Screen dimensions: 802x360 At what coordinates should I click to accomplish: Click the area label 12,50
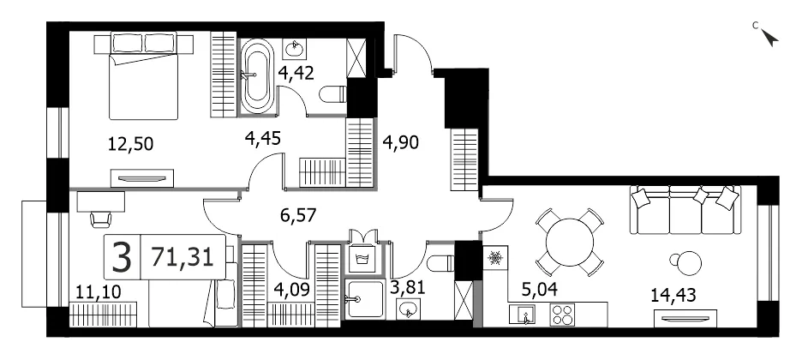click(130, 144)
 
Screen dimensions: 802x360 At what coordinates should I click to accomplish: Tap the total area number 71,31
click(183, 256)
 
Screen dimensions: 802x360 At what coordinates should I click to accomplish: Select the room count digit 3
click(122, 258)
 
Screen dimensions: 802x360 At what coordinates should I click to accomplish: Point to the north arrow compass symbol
click(769, 37)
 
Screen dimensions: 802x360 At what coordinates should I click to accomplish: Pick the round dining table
click(569, 243)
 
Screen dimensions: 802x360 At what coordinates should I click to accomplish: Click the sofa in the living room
click(685, 209)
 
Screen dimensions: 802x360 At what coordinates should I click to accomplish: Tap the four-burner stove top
click(563, 315)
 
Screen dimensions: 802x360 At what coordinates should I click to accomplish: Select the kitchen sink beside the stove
click(522, 314)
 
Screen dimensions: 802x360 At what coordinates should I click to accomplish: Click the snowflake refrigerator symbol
click(495, 258)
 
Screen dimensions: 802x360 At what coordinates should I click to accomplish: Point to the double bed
click(144, 75)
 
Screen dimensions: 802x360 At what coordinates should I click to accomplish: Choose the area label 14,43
click(673, 295)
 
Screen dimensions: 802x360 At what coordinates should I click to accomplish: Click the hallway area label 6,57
click(298, 215)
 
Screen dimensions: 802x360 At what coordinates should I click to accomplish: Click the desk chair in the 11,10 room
click(101, 219)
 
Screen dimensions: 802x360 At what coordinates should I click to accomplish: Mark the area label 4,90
click(401, 143)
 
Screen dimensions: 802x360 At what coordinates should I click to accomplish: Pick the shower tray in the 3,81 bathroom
click(363, 300)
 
